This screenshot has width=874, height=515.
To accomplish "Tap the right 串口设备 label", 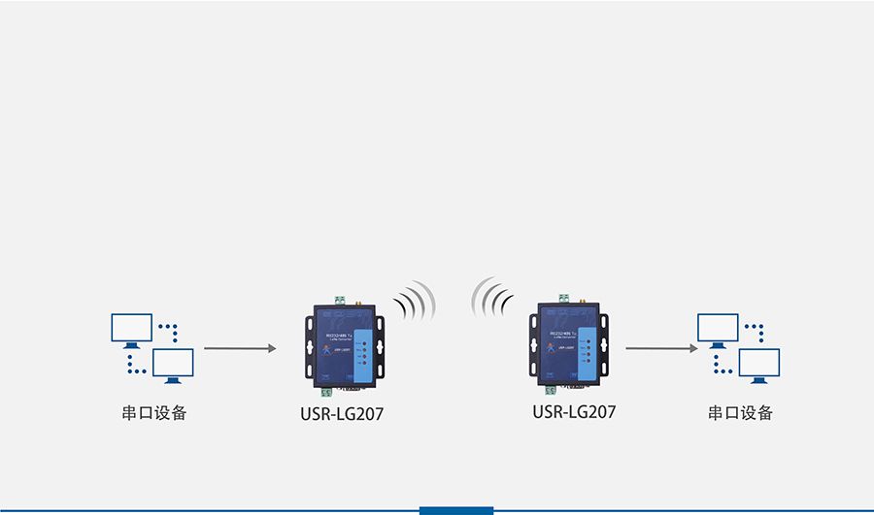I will (740, 413).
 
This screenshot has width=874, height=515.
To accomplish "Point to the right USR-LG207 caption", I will (574, 412).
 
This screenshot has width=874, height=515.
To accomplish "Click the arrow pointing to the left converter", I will (239, 347).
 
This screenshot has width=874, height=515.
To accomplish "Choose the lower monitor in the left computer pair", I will (173, 365).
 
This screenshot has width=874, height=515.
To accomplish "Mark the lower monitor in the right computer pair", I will (759, 365).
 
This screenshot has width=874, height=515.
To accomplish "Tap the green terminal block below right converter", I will (551, 389).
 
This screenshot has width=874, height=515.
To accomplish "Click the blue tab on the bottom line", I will (456, 510).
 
